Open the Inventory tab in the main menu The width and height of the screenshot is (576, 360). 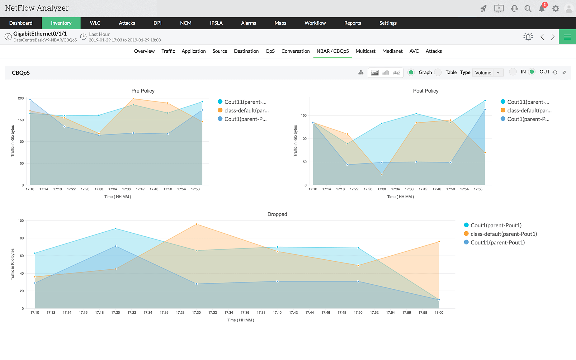point(61,23)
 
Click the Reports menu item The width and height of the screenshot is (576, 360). point(352,23)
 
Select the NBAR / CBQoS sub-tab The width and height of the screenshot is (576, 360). point(333,51)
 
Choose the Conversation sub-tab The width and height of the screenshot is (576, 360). point(295,51)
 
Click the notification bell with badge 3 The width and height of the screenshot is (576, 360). point(542,8)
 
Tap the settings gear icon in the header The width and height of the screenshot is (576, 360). point(556,9)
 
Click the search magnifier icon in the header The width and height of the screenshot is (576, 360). point(528,9)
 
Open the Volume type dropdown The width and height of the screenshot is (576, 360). point(488,73)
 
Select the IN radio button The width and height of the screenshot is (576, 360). point(513,72)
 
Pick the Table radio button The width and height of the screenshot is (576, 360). point(438,72)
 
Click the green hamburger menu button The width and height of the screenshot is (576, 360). point(567,37)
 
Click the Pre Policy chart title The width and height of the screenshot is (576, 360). point(143,91)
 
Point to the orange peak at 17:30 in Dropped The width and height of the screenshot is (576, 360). point(196,224)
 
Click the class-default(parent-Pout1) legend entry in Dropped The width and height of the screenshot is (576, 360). point(503,234)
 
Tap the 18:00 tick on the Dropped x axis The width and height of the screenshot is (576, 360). point(439,312)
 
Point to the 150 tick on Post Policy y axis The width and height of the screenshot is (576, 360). point(304,116)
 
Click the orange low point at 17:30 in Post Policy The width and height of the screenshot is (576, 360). point(382,174)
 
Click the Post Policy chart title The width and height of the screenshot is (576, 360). point(426,91)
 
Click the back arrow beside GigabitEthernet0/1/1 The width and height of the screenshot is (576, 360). point(8,37)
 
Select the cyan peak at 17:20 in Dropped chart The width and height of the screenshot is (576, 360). point(116,229)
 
